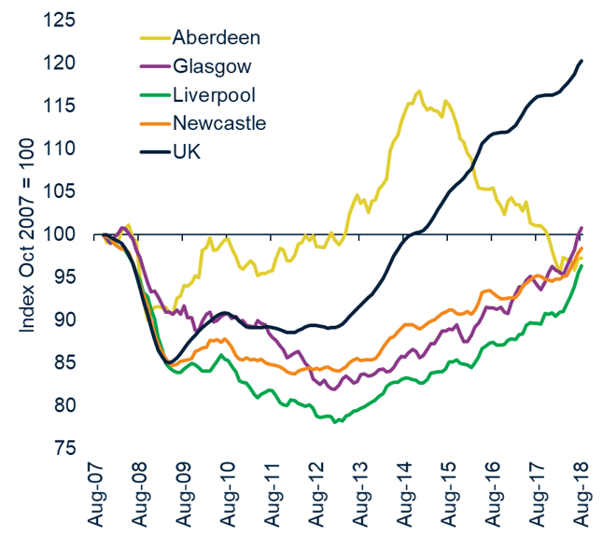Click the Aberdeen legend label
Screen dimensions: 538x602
(216, 38)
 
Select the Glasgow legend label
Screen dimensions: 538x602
(211, 66)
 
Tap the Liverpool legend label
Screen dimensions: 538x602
(214, 94)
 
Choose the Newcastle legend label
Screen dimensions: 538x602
(219, 122)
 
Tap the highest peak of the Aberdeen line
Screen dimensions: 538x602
(419, 91)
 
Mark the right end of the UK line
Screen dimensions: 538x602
(581, 61)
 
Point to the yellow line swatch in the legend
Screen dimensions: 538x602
(149, 38)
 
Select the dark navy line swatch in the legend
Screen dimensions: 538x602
(149, 150)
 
